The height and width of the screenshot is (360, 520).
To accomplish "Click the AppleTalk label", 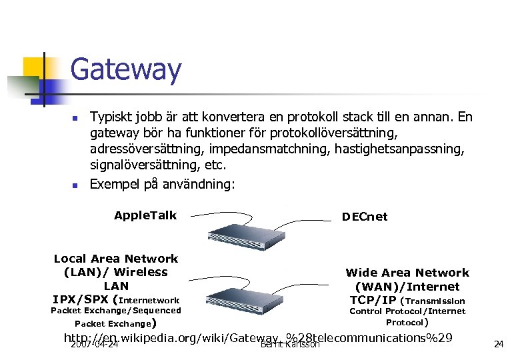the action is [145, 215].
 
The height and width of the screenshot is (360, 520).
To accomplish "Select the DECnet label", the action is [364, 217].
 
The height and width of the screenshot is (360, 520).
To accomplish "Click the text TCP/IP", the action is [373, 300].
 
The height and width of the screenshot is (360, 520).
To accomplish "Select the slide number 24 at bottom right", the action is [498, 344].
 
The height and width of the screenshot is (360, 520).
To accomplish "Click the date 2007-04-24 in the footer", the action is [95, 345].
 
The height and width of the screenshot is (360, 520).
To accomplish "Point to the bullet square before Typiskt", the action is [75, 119].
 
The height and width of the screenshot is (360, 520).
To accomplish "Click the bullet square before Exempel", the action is [75, 183].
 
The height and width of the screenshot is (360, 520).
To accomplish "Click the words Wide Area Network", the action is [407, 273].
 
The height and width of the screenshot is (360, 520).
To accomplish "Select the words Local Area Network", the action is [116, 259].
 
